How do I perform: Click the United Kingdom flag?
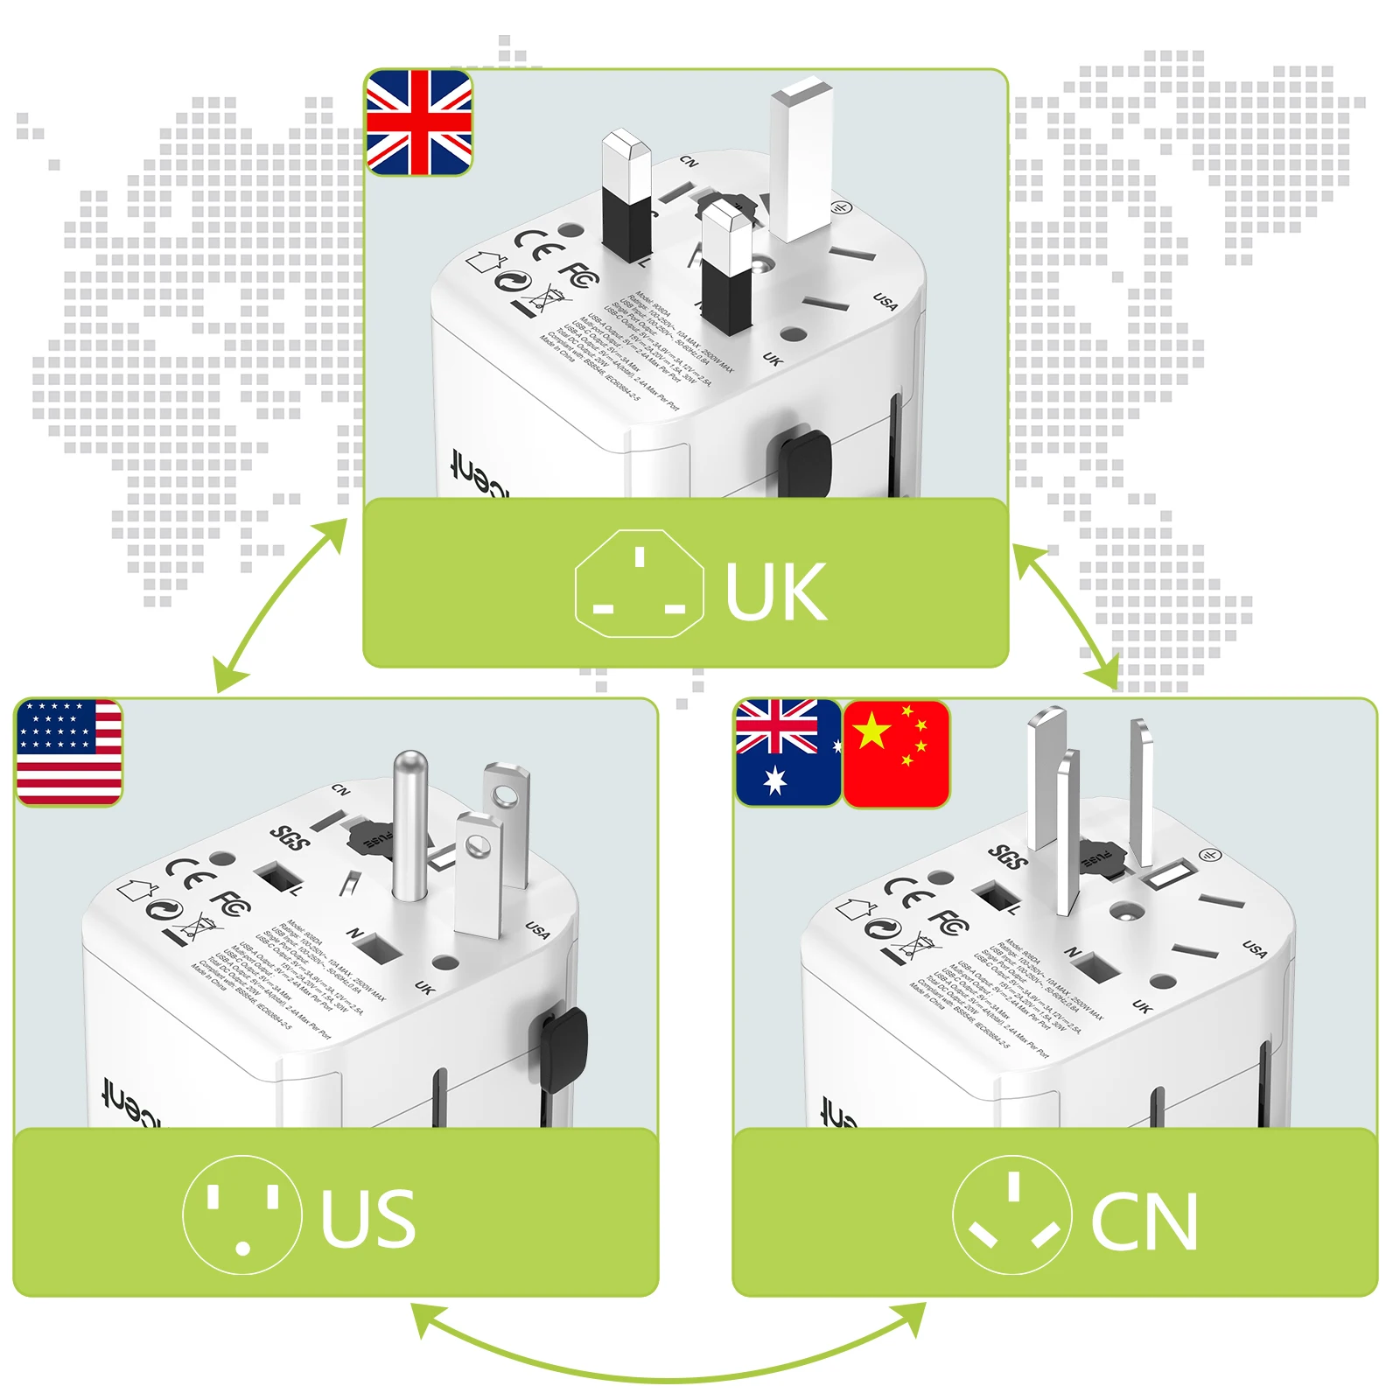tap(419, 122)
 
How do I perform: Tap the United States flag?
tap(69, 752)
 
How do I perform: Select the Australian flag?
tap(787, 752)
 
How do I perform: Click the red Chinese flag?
tap(897, 752)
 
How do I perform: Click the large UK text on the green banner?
tap(775, 592)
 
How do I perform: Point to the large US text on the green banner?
tap(367, 1219)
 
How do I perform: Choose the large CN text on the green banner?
tap(1144, 1222)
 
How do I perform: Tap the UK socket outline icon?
tap(639, 584)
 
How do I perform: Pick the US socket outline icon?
tap(242, 1214)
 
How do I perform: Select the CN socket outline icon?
tap(1012, 1214)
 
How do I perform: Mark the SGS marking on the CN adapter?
tap(1008, 857)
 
